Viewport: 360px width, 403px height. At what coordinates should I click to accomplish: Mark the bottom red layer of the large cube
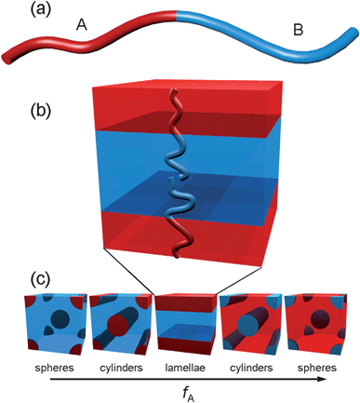[x=177, y=231]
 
